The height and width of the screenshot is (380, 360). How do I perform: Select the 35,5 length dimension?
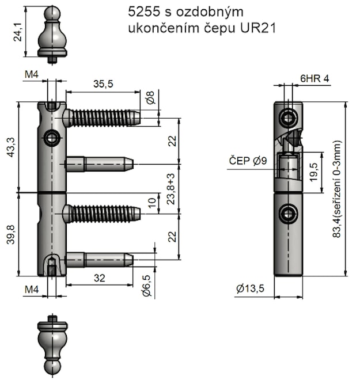click(x=103, y=83)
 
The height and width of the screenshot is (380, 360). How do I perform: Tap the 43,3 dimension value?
click(x=11, y=147)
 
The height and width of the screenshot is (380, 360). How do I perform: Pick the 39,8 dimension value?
click(x=11, y=234)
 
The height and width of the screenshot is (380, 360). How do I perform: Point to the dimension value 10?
click(x=151, y=203)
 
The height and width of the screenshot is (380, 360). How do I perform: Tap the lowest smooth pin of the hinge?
click(x=99, y=260)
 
